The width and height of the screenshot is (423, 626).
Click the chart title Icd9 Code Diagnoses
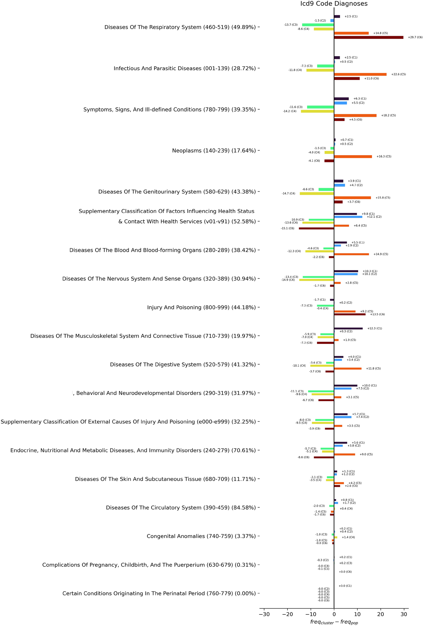pyautogui.click(x=334, y=4)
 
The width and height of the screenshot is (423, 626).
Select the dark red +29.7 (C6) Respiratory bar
pyautogui.click(x=369, y=37)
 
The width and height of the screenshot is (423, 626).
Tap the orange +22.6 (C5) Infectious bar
pyautogui.click(x=360, y=74)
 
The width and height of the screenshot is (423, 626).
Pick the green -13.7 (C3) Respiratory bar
pyautogui.click(x=318, y=25)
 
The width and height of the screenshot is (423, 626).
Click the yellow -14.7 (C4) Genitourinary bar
pyautogui.click(x=317, y=194)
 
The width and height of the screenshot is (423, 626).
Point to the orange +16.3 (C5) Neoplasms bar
pyautogui.click(x=353, y=157)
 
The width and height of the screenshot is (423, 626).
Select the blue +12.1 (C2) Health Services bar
pyautogui.click(x=348, y=217)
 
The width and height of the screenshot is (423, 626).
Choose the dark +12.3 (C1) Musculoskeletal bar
pyautogui.click(x=349, y=328)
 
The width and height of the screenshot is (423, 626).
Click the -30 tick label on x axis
pyautogui.click(x=264, y=614)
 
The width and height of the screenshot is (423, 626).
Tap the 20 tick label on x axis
pyautogui.click(x=381, y=614)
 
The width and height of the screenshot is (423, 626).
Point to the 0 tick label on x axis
pyautogui.click(x=334, y=614)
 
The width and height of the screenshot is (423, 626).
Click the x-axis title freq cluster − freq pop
pyautogui.click(x=334, y=622)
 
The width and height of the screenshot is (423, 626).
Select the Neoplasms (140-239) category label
pyautogui.click(x=214, y=151)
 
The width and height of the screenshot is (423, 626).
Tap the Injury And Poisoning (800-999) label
pyautogui.click(x=201, y=307)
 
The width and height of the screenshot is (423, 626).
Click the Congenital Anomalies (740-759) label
pyautogui.click(x=201, y=536)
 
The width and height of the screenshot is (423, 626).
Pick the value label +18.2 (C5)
pyautogui.click(x=388, y=115)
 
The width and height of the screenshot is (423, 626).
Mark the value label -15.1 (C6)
pyautogui.click(x=288, y=228)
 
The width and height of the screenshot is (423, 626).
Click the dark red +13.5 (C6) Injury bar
pyautogui.click(x=350, y=314)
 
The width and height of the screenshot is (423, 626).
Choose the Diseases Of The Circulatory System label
pyautogui.click(x=181, y=508)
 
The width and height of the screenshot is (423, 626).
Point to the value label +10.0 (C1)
pyautogui.click(x=369, y=385)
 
